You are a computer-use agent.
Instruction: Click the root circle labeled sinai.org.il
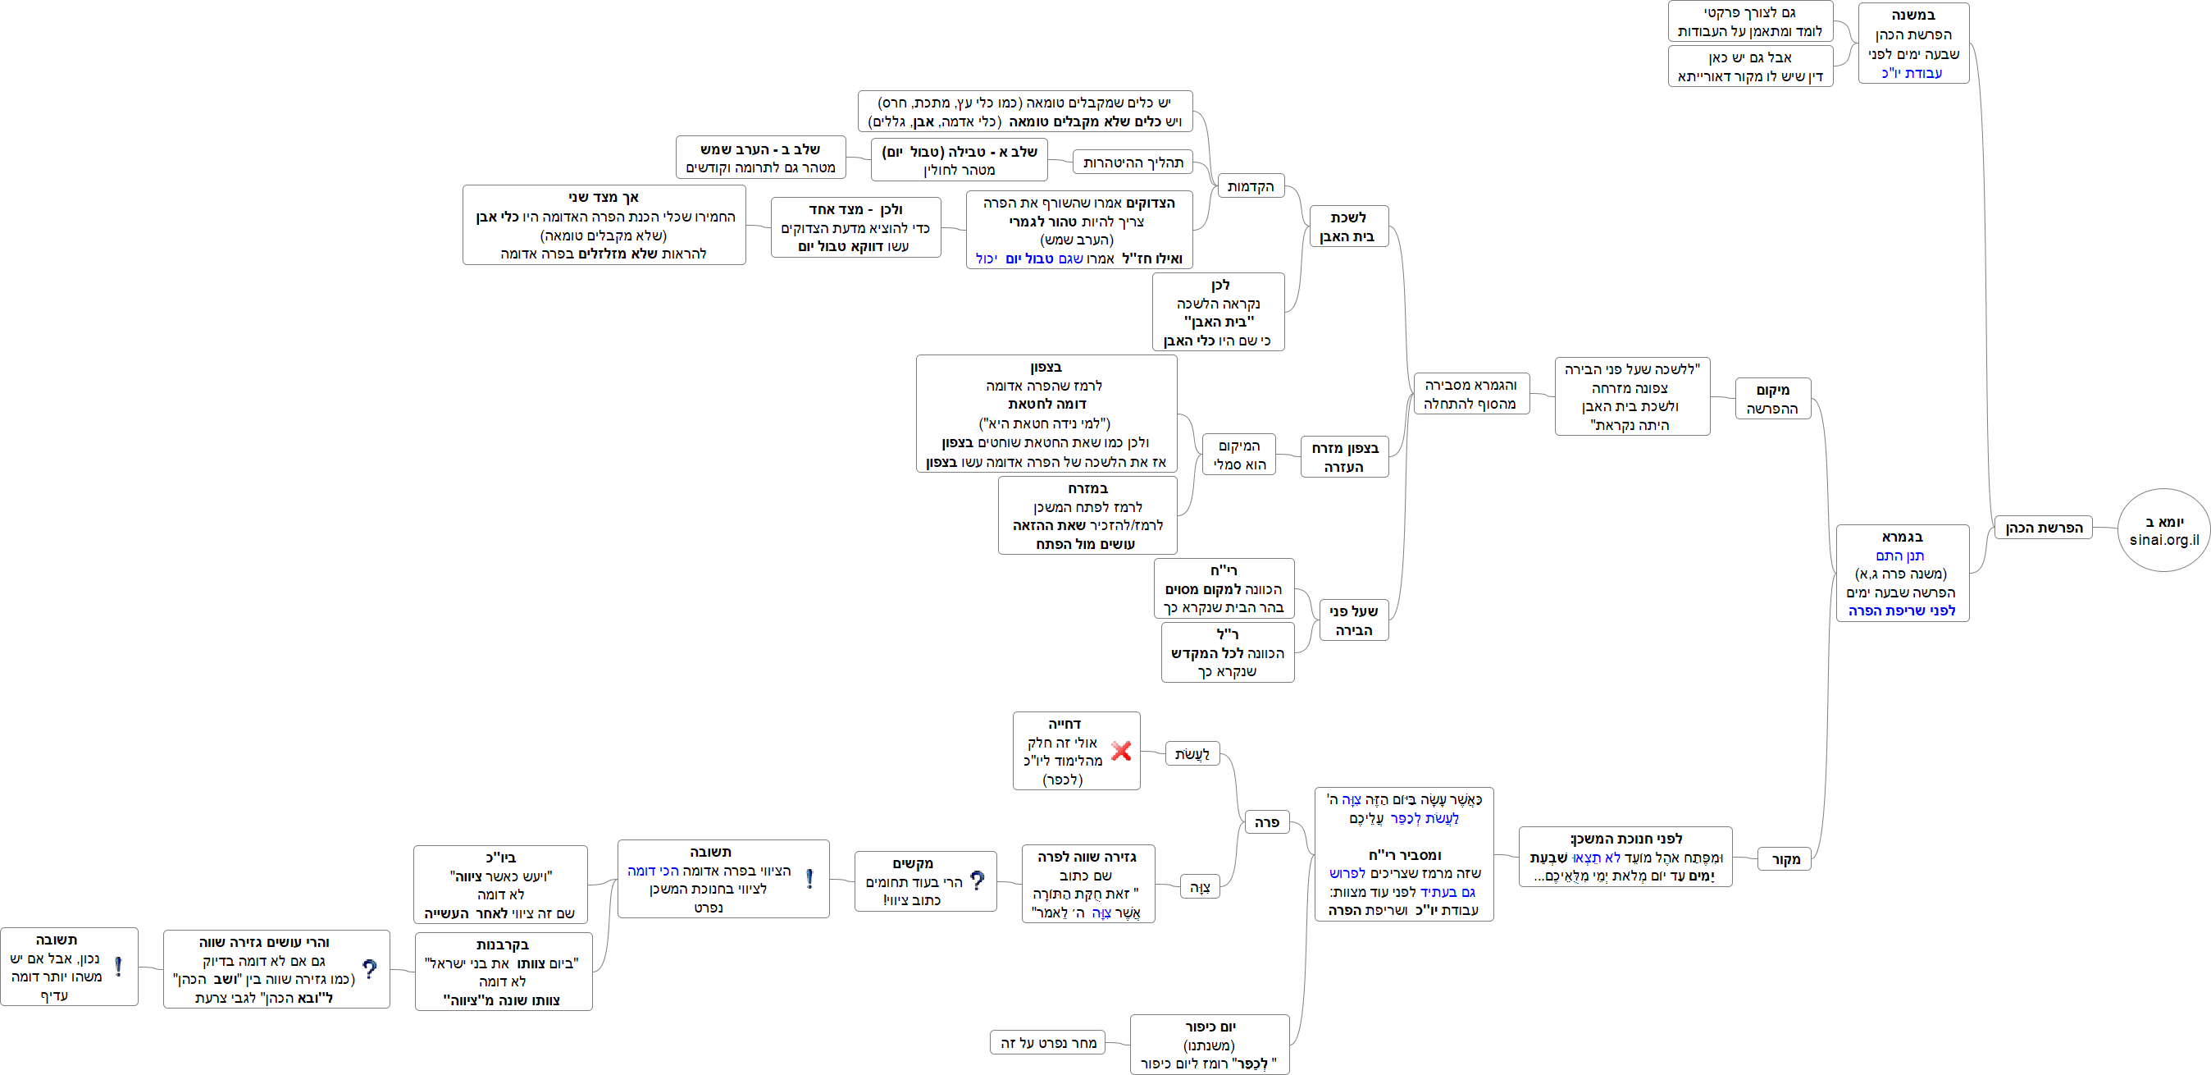tap(2163, 531)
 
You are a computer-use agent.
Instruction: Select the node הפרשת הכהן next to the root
tap(2043, 527)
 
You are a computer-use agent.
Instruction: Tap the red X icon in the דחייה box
tap(1120, 750)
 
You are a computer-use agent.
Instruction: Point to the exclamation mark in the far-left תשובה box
tap(117, 967)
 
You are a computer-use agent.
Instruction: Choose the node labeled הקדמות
tap(1250, 186)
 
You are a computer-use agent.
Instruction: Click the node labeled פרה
tap(1266, 821)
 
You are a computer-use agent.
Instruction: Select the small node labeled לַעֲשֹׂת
tap(1192, 754)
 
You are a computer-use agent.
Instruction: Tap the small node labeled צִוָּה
tap(1199, 887)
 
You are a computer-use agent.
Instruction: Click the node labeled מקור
tap(1785, 858)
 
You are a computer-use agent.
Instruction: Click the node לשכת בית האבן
tap(1347, 226)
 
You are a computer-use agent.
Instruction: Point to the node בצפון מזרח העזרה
tap(1344, 457)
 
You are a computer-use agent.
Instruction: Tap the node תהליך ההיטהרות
tap(1132, 162)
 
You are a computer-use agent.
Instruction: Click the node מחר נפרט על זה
tap(1047, 1042)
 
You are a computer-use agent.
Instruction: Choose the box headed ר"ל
tap(1228, 652)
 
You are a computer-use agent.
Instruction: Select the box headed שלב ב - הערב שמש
tap(760, 158)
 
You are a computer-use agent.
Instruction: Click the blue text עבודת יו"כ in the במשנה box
tap(1912, 73)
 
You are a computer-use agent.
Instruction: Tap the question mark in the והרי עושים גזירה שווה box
tap(369, 969)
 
